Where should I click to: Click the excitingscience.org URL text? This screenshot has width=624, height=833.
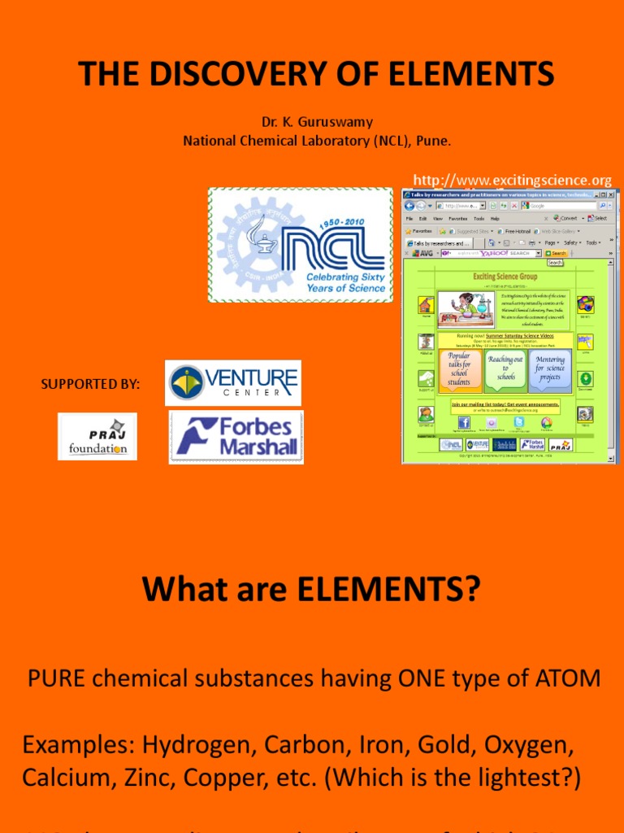pyautogui.click(x=512, y=180)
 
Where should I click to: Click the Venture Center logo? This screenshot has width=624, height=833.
pyautogui.click(x=233, y=382)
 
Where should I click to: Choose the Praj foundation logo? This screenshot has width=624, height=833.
pyautogui.click(x=97, y=436)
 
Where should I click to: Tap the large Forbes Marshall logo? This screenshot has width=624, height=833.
pyautogui.click(x=236, y=437)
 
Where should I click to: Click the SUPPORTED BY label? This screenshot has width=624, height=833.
pyautogui.click(x=90, y=383)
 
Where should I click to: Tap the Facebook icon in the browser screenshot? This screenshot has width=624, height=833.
pyautogui.click(x=464, y=422)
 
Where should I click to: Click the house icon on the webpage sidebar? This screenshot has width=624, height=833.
pyautogui.click(x=426, y=305)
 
